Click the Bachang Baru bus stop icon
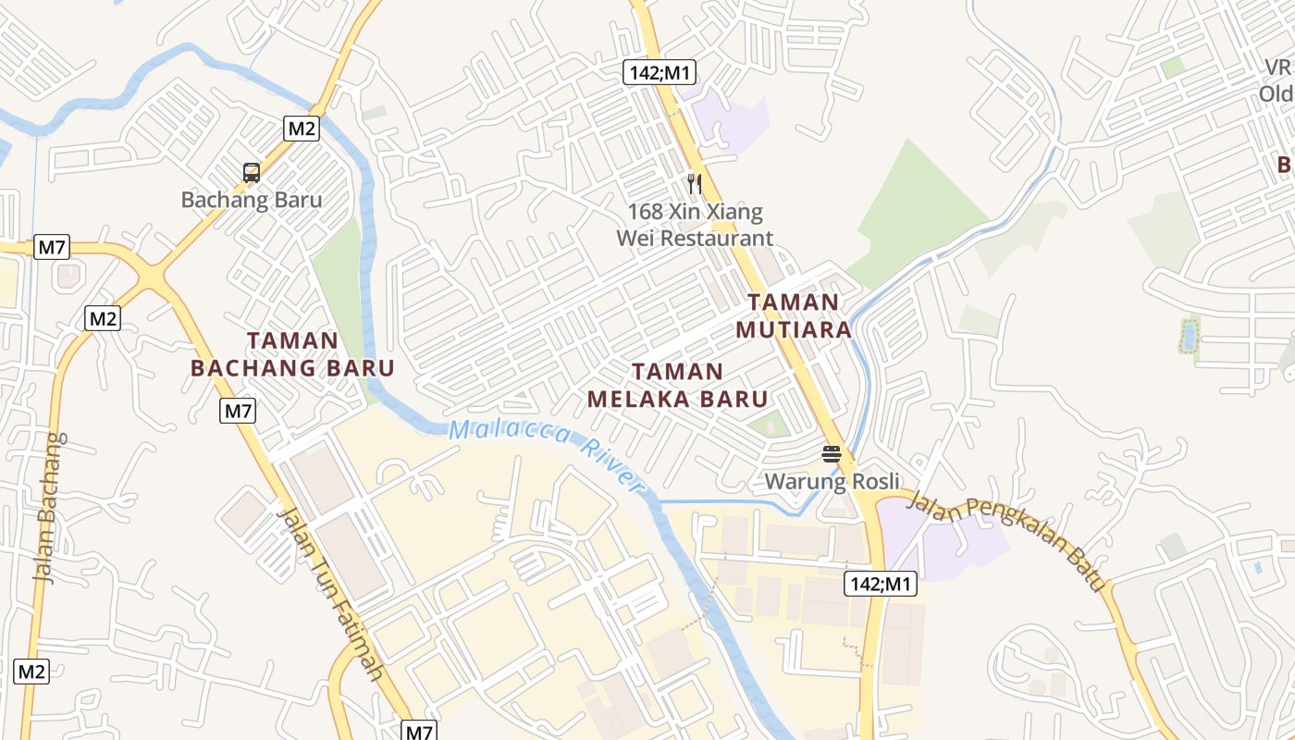[251, 172]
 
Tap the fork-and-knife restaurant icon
[695, 184]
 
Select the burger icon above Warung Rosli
[831, 453]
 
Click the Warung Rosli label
[832, 481]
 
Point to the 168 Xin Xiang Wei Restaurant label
[695, 225]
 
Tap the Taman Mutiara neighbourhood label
[793, 315]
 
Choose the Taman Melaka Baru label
[678, 385]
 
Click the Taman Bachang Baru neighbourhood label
[292, 354]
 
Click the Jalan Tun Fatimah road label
[330, 592]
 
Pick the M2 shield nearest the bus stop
[302, 128]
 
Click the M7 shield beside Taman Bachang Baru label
[238, 411]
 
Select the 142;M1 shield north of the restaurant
[658, 72]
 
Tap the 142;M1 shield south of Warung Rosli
[880, 584]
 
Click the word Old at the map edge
[1276, 94]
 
